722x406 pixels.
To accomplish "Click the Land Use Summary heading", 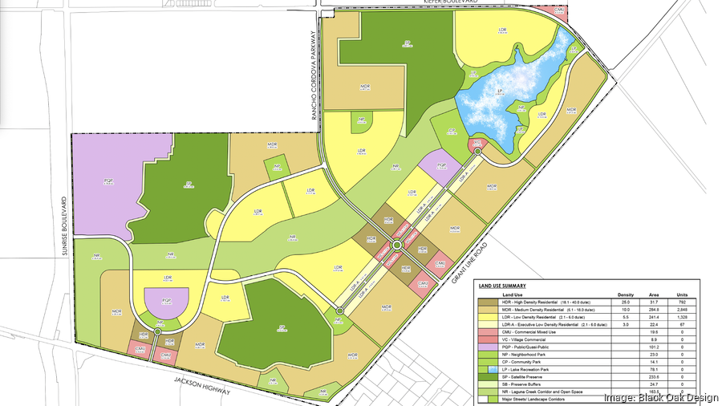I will tap(502, 286).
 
